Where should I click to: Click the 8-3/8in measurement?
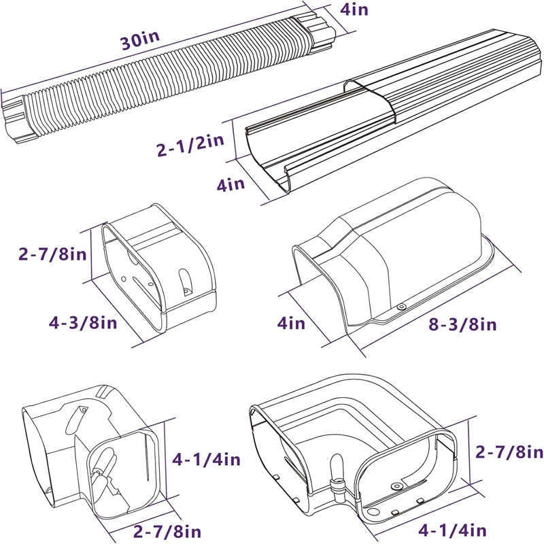point(463,324)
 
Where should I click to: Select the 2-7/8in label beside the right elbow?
point(509,452)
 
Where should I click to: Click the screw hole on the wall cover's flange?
point(401,308)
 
